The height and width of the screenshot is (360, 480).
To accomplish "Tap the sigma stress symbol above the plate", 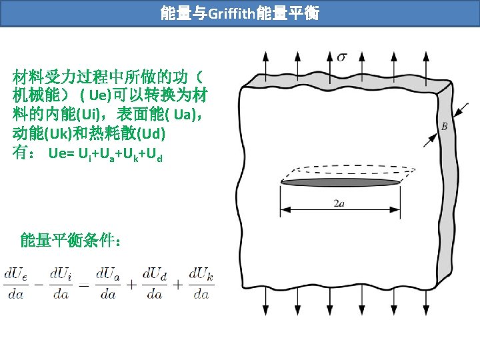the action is pos(341,56).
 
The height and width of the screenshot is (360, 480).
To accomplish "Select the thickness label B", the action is pos(444,126).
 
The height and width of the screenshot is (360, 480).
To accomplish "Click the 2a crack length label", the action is pos(340,203).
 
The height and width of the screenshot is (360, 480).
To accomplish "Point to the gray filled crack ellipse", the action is pos(341,181).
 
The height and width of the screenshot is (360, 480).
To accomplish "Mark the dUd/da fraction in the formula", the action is pos(155,283).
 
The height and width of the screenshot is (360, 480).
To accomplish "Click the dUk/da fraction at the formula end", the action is pos(200,283).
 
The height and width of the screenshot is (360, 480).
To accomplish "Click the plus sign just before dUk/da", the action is pos(178,284).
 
